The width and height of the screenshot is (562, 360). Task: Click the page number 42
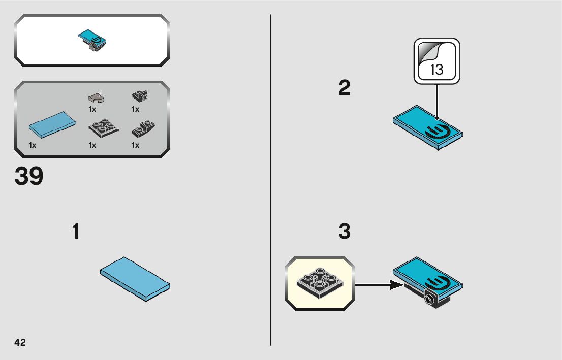point(20,342)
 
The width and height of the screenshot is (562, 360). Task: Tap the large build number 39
point(29,177)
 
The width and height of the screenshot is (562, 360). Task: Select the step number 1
point(76,232)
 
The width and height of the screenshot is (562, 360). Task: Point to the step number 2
point(345,88)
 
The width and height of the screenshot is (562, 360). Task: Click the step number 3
point(345,232)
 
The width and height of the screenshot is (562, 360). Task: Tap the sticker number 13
point(436,69)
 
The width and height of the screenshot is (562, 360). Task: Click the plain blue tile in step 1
point(135,279)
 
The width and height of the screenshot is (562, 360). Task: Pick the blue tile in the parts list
point(53,124)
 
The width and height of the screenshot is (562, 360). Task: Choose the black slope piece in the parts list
point(144,129)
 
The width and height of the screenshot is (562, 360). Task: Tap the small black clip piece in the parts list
point(140,95)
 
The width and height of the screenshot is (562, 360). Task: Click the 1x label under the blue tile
point(33,145)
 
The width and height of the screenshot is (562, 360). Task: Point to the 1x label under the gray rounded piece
point(92,109)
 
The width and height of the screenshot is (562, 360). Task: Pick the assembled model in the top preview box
point(93,40)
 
